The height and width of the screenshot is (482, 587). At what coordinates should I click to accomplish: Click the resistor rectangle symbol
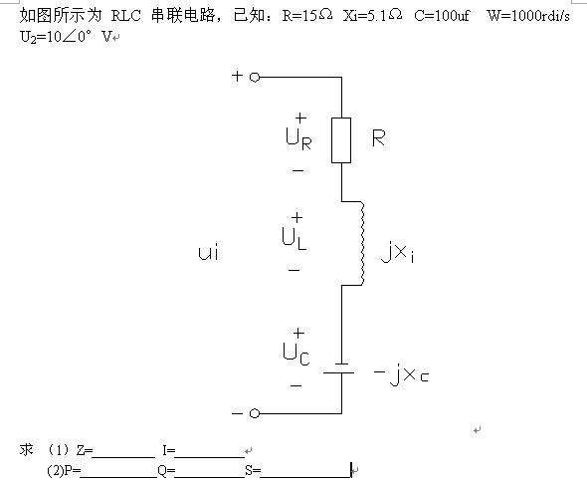pyautogui.click(x=341, y=140)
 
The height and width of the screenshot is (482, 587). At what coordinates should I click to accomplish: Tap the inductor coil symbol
pyautogui.click(x=362, y=243)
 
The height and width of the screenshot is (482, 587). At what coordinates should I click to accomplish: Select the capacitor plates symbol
pyautogui.click(x=339, y=368)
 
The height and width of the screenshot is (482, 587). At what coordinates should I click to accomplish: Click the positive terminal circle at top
pyautogui.click(x=255, y=78)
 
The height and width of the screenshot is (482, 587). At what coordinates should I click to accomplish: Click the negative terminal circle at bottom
pyautogui.click(x=255, y=413)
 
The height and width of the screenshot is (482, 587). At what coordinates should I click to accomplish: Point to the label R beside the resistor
pyautogui.click(x=378, y=138)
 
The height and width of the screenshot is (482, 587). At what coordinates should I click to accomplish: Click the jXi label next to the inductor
pyautogui.click(x=398, y=252)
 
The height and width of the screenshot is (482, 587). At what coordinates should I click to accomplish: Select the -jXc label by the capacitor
pyautogui.click(x=401, y=375)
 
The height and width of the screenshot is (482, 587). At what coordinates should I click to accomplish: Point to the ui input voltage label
pyautogui.click(x=209, y=252)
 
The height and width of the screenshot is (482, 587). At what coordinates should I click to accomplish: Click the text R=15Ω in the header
pyautogui.click(x=307, y=15)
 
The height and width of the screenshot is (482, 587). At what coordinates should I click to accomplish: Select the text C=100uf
pyautogui.click(x=442, y=15)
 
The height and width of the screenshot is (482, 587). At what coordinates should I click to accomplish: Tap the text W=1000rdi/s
pyautogui.click(x=528, y=15)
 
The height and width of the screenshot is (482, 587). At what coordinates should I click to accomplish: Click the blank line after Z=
pyautogui.click(x=124, y=457)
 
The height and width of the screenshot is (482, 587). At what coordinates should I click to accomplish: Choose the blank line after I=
pyautogui.click(x=210, y=457)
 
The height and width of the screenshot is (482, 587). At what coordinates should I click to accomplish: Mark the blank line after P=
pyautogui.click(x=118, y=477)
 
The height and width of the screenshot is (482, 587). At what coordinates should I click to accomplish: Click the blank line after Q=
pyautogui.click(x=210, y=477)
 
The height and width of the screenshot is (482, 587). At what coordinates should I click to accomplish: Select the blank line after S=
pyautogui.click(x=305, y=477)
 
